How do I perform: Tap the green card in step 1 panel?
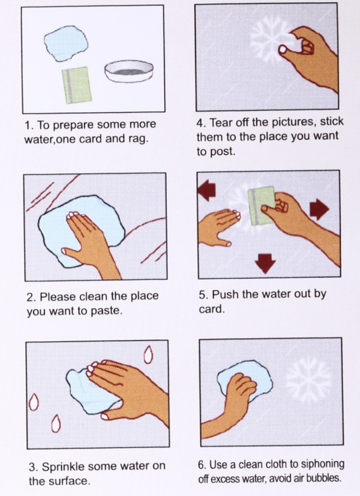coord(76,85)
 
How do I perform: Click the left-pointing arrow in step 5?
coord(207,191)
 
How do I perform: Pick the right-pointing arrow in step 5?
coord(319,209)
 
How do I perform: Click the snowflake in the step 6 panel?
coord(308,379)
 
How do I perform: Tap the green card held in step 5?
coord(262,205)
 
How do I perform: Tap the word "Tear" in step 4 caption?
coord(220,123)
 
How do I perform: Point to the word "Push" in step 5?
coord(226,295)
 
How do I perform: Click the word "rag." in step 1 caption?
coord(138,139)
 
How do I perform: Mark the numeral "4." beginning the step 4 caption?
coord(201,123)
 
